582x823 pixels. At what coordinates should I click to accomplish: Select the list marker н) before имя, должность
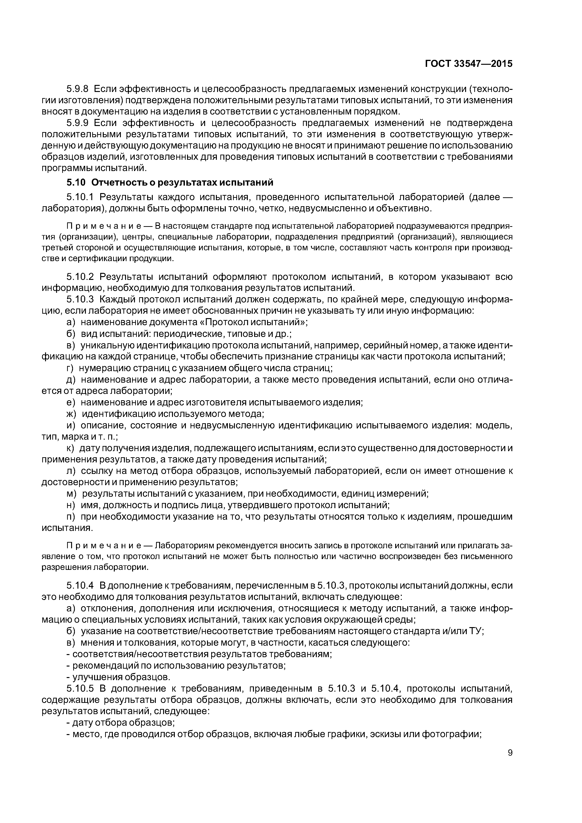pos(71,505)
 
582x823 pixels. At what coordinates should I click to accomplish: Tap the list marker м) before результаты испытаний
pos(71,494)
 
